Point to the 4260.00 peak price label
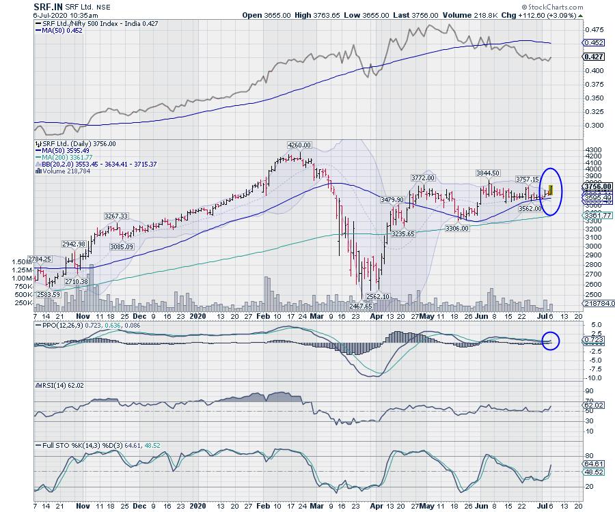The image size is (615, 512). pos(299,145)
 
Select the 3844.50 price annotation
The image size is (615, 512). pos(488,173)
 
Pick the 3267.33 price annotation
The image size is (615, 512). pos(116,216)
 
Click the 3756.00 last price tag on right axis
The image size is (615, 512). pos(594,186)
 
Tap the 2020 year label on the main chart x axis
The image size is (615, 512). pos(197,317)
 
